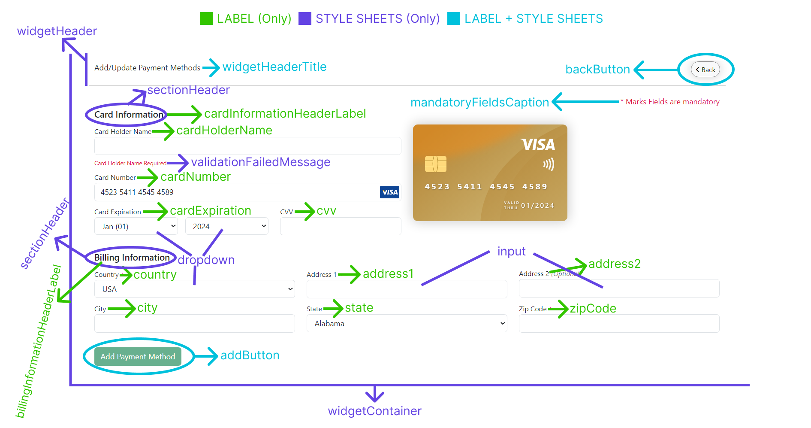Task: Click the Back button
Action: coord(705,70)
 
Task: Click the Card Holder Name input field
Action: coord(247,146)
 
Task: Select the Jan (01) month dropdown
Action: coord(136,226)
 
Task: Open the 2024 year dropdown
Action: coord(226,226)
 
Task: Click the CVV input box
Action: coord(340,226)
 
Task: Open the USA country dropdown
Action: coord(194,289)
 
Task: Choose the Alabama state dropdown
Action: coord(407,323)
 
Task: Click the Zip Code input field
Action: coord(619,323)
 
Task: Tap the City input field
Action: coord(194,323)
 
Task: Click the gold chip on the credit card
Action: coord(435,164)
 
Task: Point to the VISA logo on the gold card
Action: coord(538,145)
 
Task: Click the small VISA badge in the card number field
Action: coord(389,192)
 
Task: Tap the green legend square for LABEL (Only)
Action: coord(206,18)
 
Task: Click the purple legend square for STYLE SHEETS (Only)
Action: coord(305,18)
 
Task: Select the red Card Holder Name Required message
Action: coord(130,163)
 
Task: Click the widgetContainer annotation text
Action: coord(374,411)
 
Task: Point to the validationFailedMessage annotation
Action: coord(261,162)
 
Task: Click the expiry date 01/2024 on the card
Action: coord(537,206)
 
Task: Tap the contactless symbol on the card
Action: coord(549,164)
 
